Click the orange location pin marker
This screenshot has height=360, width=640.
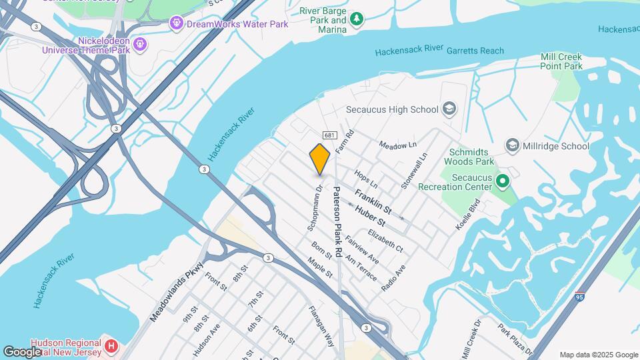pyautogui.click(x=319, y=159)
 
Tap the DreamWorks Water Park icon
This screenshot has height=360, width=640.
pyautogui.click(x=176, y=24)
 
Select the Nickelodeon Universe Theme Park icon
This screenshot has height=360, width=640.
pyautogui.click(x=139, y=44)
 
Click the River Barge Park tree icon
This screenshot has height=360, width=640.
pyautogui.click(x=357, y=19)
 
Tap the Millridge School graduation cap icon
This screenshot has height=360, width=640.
pyautogui.click(x=512, y=145)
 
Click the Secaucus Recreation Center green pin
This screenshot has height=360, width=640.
pyautogui.click(x=504, y=181)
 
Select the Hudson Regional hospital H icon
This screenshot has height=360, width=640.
pyautogui.click(x=112, y=347)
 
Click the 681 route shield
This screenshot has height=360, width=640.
pyautogui.click(x=329, y=135)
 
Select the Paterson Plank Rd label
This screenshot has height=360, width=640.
pyautogui.click(x=338, y=220)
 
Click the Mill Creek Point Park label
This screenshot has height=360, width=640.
pyautogui.click(x=561, y=61)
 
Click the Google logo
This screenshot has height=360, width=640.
pyautogui.click(x=22, y=351)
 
